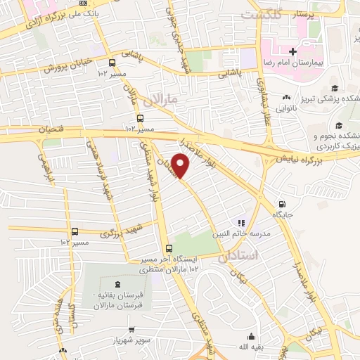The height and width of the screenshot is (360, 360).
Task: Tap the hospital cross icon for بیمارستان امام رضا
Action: click(x=292, y=51)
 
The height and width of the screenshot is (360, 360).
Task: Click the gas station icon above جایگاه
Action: click(x=282, y=200)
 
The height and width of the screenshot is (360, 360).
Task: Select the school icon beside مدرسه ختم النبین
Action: click(x=241, y=223)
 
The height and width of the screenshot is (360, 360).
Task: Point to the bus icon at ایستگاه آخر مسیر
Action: click(x=168, y=248)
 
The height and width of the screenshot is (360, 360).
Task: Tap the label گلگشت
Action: click(x=261, y=14)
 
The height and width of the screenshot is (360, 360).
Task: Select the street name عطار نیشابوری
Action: click(x=268, y=103)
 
